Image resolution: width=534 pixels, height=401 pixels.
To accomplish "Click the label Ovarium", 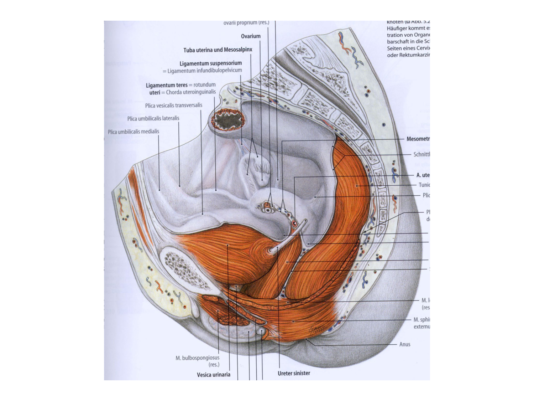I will [x=251, y=36].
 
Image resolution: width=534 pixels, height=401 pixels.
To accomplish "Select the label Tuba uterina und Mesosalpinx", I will [x=218, y=50].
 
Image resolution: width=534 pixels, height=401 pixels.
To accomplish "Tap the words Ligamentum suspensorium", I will [x=210, y=63].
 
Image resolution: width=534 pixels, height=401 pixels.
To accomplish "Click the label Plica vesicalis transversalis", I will [x=173, y=105].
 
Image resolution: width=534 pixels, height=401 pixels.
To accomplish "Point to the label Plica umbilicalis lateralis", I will [x=153, y=118].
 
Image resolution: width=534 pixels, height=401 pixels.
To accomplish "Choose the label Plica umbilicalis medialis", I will [x=133, y=132].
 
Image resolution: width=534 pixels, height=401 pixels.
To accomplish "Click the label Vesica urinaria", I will [x=213, y=375].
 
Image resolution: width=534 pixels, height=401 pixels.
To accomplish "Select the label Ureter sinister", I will [x=294, y=373].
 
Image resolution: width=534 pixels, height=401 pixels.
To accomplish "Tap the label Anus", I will [x=405, y=344].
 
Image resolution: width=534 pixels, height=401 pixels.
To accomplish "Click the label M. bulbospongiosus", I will [x=197, y=358].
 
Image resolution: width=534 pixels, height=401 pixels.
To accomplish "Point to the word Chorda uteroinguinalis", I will [x=191, y=92].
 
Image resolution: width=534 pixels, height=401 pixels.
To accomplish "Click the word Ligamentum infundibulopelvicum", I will [x=204, y=71].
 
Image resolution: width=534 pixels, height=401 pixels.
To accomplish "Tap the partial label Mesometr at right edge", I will [x=418, y=139].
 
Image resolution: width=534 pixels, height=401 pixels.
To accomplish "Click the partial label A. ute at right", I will [x=423, y=175].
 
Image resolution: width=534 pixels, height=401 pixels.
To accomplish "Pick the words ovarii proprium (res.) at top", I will [x=246, y=23].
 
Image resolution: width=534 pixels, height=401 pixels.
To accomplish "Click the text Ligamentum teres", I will [x=166, y=85].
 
